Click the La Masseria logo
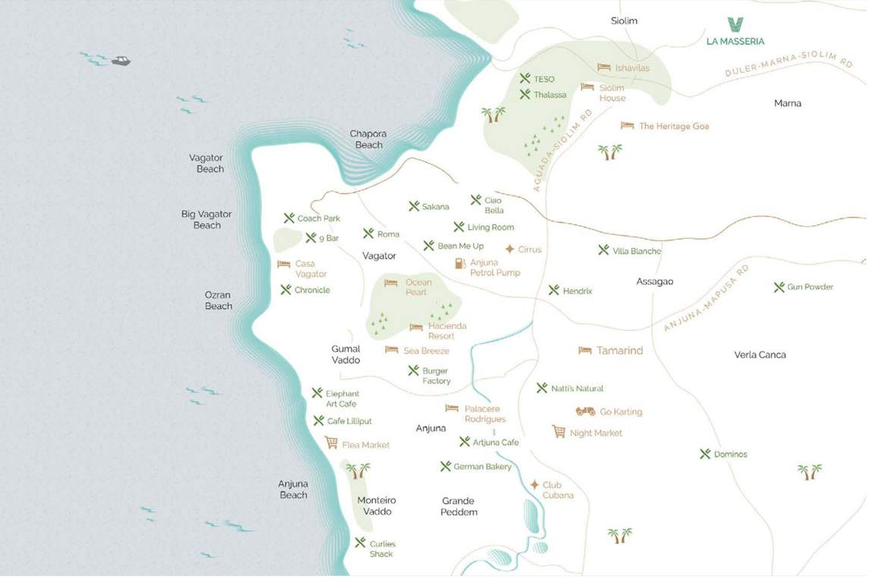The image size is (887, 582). tap(735, 24)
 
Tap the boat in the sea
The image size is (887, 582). tap(121, 61)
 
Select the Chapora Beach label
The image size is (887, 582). tap(368, 139)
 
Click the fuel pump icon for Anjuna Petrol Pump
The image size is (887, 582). tap(459, 263)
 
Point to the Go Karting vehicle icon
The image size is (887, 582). tap(585, 411)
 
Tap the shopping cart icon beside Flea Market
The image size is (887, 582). tap(331, 443)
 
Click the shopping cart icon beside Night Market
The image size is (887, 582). tap(559, 432)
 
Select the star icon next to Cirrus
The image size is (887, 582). tap(509, 249)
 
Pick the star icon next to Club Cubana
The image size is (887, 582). tap(534, 485)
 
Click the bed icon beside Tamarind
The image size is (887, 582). tap(585, 350)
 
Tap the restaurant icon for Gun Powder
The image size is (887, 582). tap(779, 287)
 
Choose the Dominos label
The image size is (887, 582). tap(730, 454)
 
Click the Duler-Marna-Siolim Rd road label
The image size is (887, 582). tap(788, 67)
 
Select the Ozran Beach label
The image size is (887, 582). tap(218, 300)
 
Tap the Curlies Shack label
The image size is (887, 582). tap(382, 549)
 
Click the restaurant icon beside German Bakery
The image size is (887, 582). tap(445, 466)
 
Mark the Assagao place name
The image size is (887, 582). tap(654, 281)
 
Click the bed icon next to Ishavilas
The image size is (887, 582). tap(603, 67)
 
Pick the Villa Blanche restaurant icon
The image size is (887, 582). tap(603, 250)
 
